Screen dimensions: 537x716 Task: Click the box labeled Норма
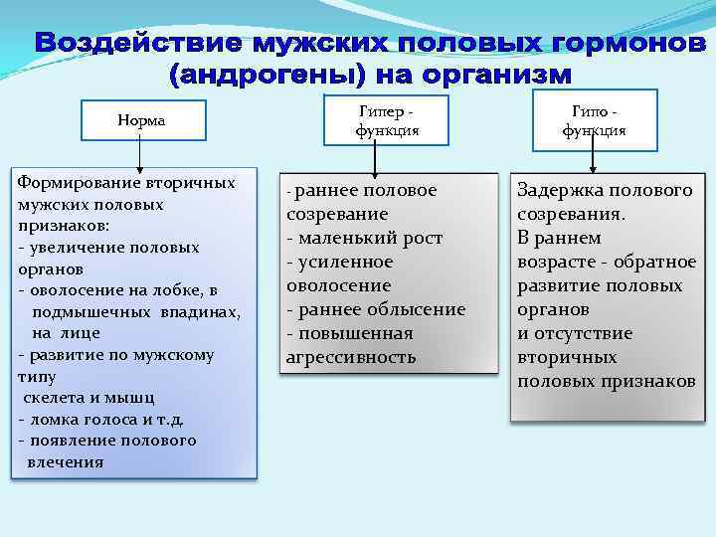[x=141, y=120]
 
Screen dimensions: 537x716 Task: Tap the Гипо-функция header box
[x=594, y=120]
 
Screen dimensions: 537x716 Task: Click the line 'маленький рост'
[x=364, y=239]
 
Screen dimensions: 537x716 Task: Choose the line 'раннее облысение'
[x=375, y=309]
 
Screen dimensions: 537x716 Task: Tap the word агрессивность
[x=350, y=357]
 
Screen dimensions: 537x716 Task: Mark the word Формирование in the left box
[x=80, y=183]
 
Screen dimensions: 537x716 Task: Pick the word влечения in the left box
[x=66, y=462]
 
